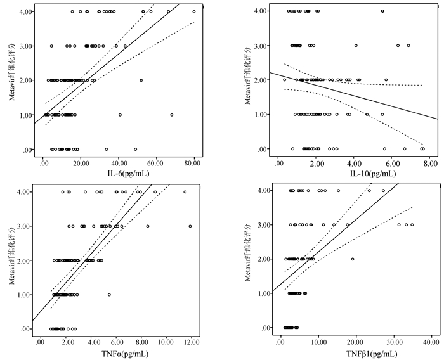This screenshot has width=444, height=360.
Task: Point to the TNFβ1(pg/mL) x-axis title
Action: tap(354, 352)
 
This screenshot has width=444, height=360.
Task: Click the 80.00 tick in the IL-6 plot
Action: tap(193, 163)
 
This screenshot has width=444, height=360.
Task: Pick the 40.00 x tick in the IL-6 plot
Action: tap(118, 163)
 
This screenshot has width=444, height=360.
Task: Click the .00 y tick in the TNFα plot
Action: tap(25, 329)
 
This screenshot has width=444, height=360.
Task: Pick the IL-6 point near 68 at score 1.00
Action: tap(171, 115)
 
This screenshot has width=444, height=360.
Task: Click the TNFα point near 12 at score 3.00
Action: tap(190, 226)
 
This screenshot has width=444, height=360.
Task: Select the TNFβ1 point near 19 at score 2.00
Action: tap(353, 259)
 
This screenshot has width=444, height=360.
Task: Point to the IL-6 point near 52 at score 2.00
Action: tap(141, 80)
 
